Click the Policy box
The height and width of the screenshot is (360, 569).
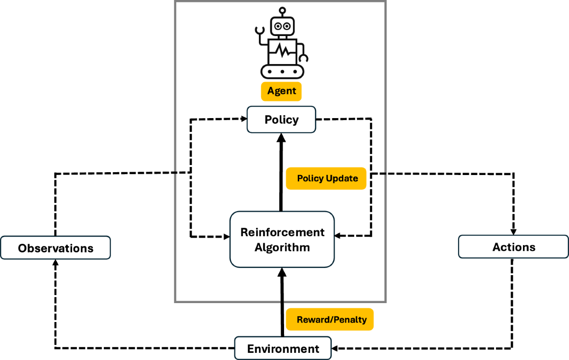click(281, 120)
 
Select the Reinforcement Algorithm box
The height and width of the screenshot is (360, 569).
click(282, 239)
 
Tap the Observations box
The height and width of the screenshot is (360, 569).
click(55, 248)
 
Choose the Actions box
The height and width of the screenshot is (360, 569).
click(514, 247)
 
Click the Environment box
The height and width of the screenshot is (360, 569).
click(283, 349)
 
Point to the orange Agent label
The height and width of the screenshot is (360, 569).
click(282, 91)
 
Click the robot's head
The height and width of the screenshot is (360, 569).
click(283, 26)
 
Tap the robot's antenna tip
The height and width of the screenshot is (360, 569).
click(283, 9)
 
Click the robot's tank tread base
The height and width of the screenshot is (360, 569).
click(283, 72)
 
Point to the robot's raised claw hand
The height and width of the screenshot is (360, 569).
click(259, 31)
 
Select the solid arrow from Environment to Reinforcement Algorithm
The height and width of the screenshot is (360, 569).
click(282, 304)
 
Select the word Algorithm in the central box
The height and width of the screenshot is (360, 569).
click(282, 247)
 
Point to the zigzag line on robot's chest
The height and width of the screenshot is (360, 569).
click(283, 50)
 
